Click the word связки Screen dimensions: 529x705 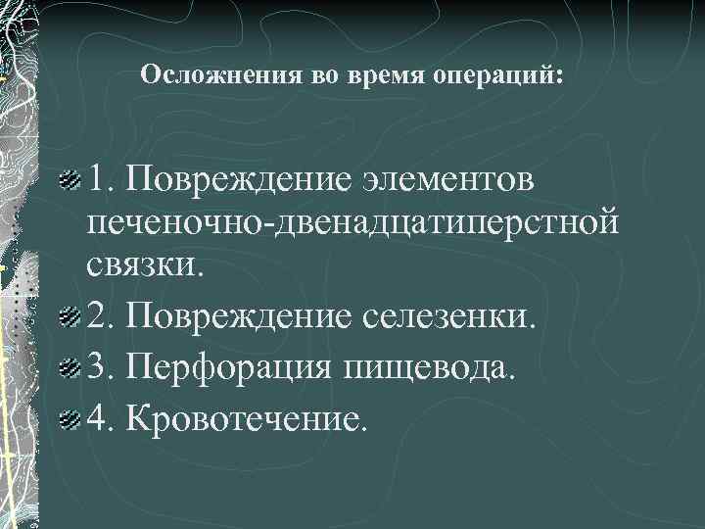point(148,264)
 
